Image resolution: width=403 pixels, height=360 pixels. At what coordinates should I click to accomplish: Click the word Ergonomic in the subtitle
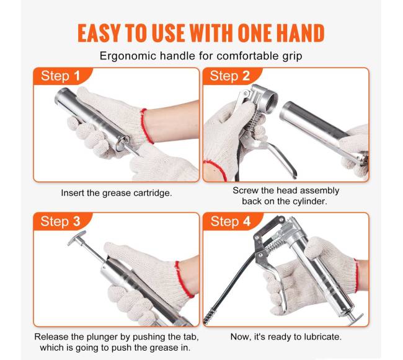(128, 56)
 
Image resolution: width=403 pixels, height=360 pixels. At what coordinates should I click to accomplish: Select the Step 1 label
(60, 76)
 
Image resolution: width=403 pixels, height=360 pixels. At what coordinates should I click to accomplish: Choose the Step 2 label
(230, 76)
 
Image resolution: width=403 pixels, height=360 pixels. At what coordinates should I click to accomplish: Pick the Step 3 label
(60, 221)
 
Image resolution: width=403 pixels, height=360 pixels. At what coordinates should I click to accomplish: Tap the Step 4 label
(230, 221)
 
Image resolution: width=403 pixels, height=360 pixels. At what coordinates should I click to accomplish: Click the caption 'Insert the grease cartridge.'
(117, 193)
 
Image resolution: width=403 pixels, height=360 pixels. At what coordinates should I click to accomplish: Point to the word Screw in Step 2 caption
(246, 190)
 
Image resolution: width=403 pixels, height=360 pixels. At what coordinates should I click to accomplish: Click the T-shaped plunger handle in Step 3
(77, 238)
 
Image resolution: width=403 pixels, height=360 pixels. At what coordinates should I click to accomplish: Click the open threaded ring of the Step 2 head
(268, 99)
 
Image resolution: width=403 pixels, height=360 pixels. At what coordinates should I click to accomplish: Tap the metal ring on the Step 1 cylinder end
(122, 143)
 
